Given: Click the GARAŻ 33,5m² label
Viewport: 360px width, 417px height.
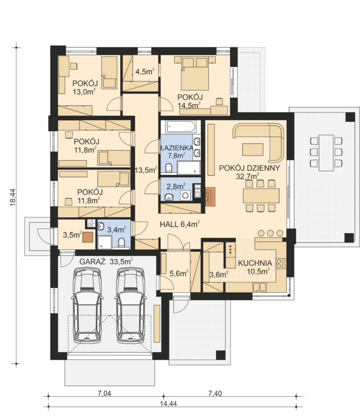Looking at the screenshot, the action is pyautogui.click(x=106, y=262).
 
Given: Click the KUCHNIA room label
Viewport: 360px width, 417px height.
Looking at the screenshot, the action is pyautogui.click(x=255, y=263).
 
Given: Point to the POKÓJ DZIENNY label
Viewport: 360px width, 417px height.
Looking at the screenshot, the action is pyautogui.click(x=249, y=168).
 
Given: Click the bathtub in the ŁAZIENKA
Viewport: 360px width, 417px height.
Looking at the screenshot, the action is pyautogui.click(x=180, y=127).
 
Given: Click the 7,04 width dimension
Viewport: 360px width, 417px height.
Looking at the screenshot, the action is pyautogui.click(x=104, y=393).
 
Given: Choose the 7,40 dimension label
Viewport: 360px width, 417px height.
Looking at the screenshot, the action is pyautogui.click(x=215, y=393).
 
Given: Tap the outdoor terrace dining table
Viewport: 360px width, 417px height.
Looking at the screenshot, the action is pyautogui.click(x=326, y=152).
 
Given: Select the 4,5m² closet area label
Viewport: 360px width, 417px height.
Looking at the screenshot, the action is pyautogui.click(x=145, y=72).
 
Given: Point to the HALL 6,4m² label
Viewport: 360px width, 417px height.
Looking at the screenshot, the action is pyautogui.click(x=180, y=224).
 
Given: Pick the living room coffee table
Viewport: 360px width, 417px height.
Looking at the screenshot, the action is pyautogui.click(x=253, y=149).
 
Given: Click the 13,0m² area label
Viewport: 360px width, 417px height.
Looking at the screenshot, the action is pyautogui.click(x=84, y=91).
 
